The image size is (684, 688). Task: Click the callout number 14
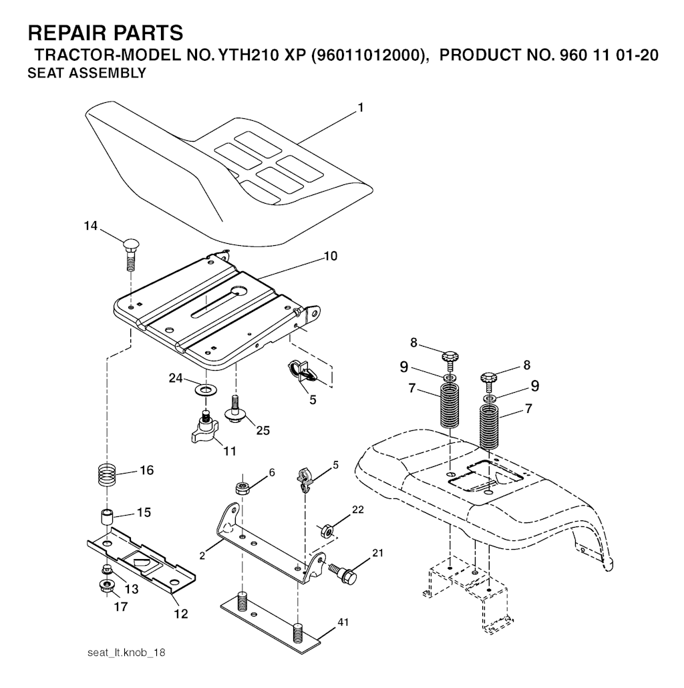(x=91, y=226)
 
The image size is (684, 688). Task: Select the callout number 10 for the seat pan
(x=331, y=256)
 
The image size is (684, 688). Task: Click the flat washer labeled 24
(x=204, y=389)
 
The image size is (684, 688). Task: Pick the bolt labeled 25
(x=235, y=409)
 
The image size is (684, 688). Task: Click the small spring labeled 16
(x=108, y=475)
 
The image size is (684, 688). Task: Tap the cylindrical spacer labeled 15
(x=108, y=516)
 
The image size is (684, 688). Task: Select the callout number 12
(x=181, y=613)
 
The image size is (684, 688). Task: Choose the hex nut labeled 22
(x=327, y=531)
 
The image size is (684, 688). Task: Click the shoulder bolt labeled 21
(x=345, y=573)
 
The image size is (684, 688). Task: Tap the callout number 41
(x=343, y=622)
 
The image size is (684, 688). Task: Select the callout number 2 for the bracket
(x=202, y=556)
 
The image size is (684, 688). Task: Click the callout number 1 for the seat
(x=361, y=107)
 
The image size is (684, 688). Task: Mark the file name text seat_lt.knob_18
(x=126, y=653)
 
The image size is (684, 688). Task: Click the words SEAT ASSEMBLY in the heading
(x=87, y=73)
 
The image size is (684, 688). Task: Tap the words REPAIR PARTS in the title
(x=106, y=33)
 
